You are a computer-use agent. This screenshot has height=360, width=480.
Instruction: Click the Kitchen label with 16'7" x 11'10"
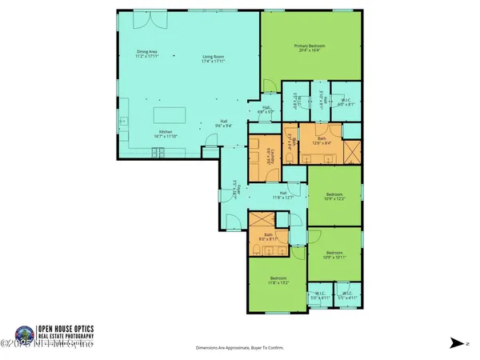166,134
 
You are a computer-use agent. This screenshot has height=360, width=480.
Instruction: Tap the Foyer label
234,194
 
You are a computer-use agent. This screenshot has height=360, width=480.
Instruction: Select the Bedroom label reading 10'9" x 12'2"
334,196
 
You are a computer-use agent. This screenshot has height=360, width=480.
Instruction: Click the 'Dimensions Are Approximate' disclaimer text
239,348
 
